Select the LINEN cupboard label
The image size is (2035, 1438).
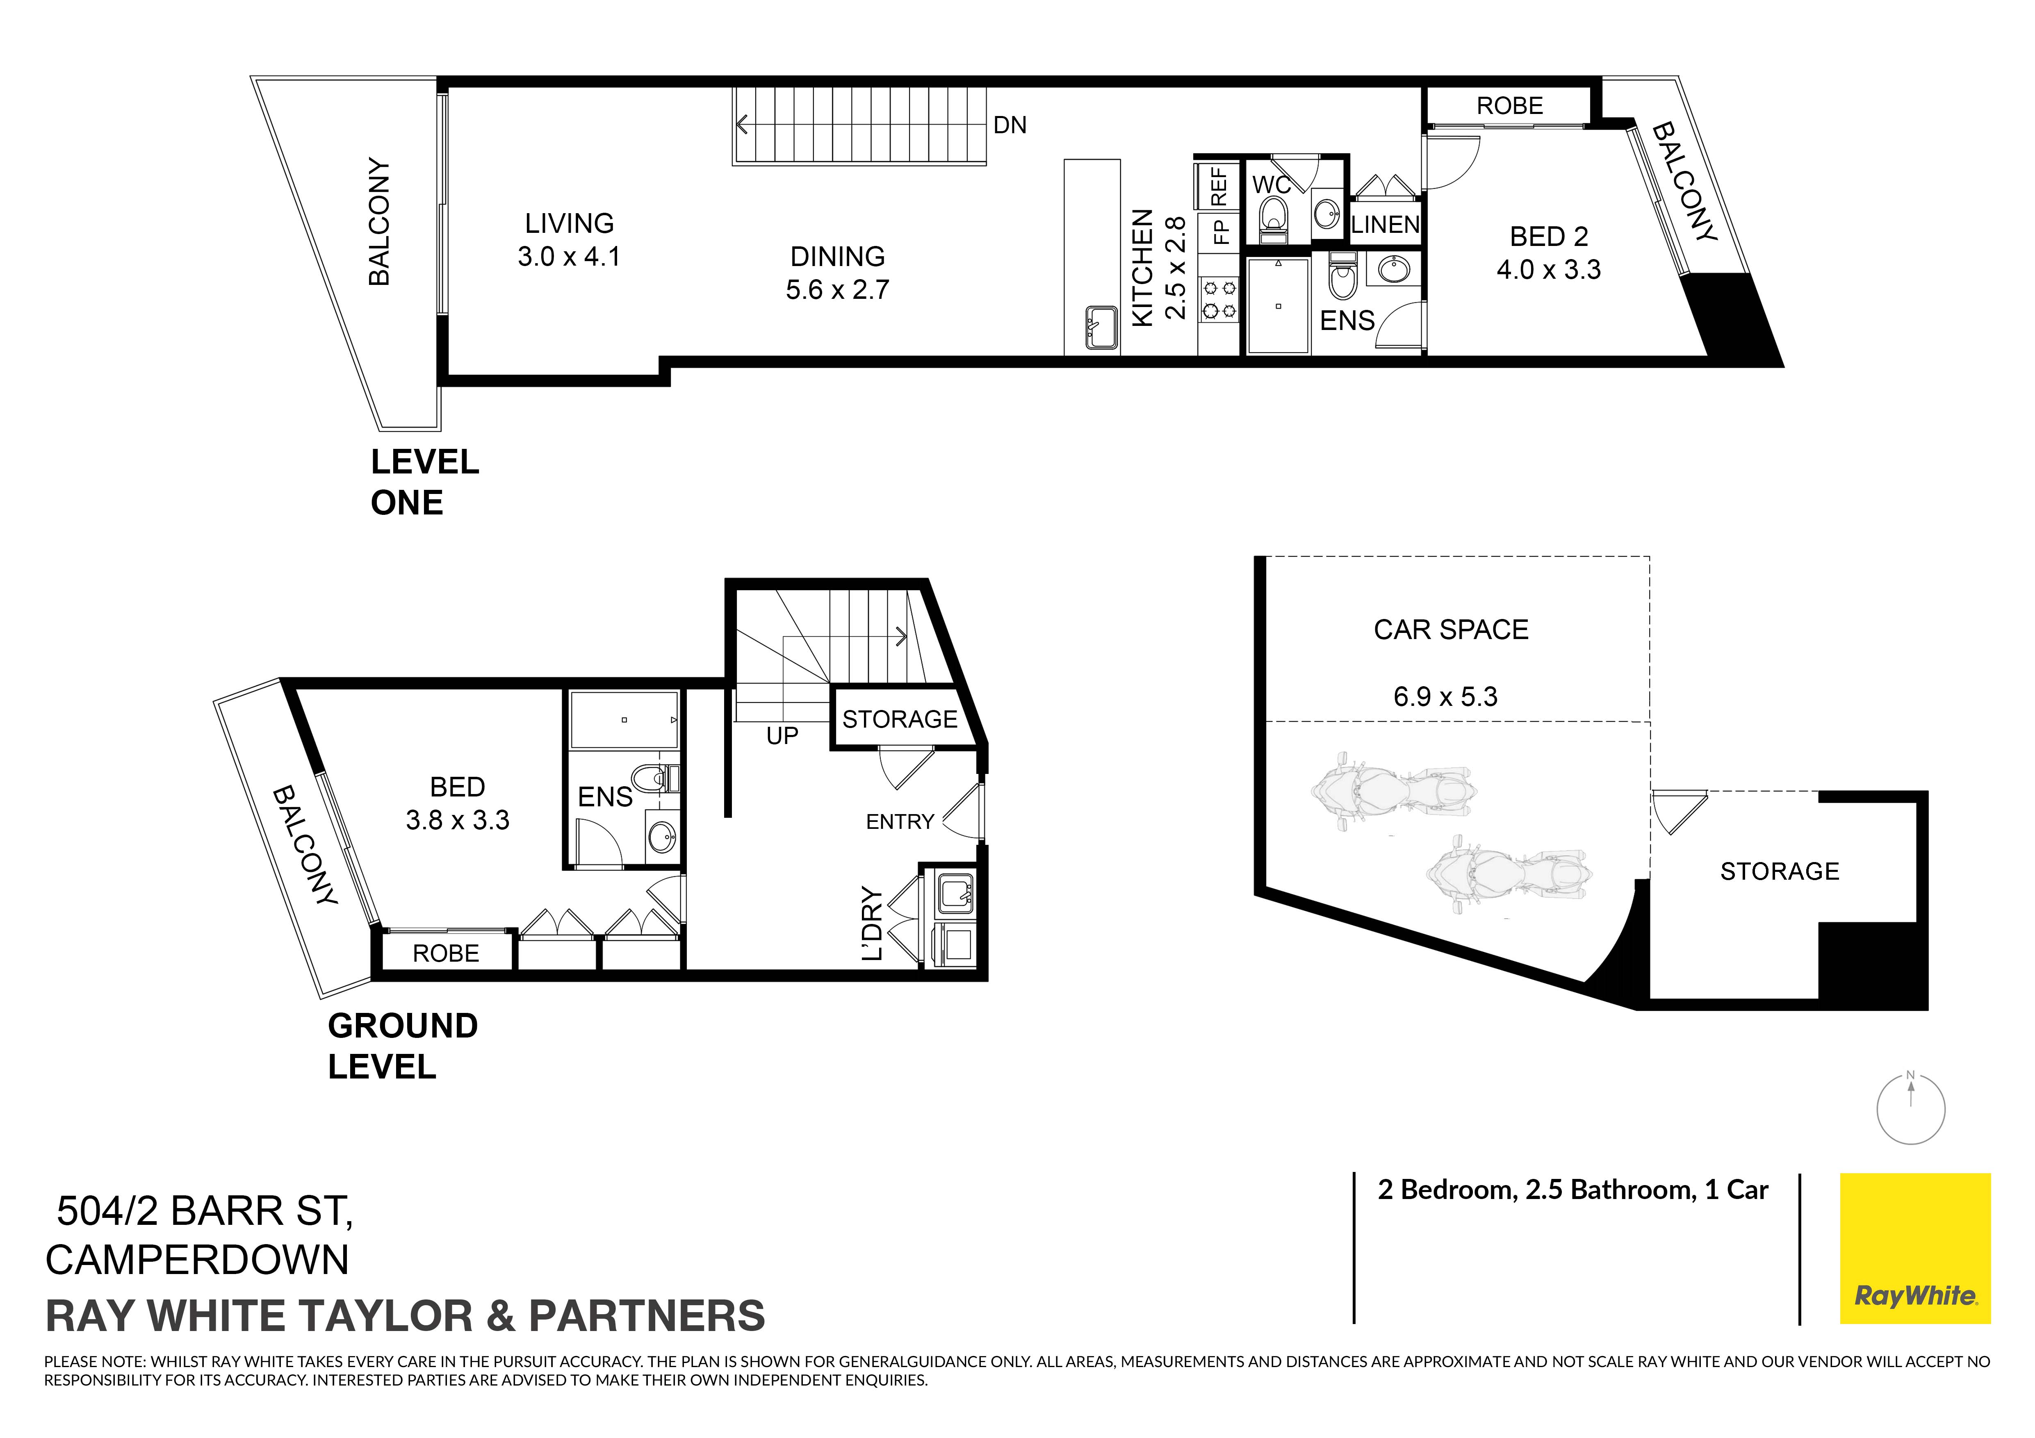[x=1386, y=225]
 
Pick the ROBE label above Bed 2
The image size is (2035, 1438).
[x=1509, y=106]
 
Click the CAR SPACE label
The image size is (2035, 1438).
[x=1451, y=630]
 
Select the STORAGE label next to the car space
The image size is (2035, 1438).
[x=1779, y=872]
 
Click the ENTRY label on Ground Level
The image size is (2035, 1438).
[x=900, y=822]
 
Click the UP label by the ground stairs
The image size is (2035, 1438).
[x=782, y=736]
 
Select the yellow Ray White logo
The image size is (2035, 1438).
[x=1915, y=1248]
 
